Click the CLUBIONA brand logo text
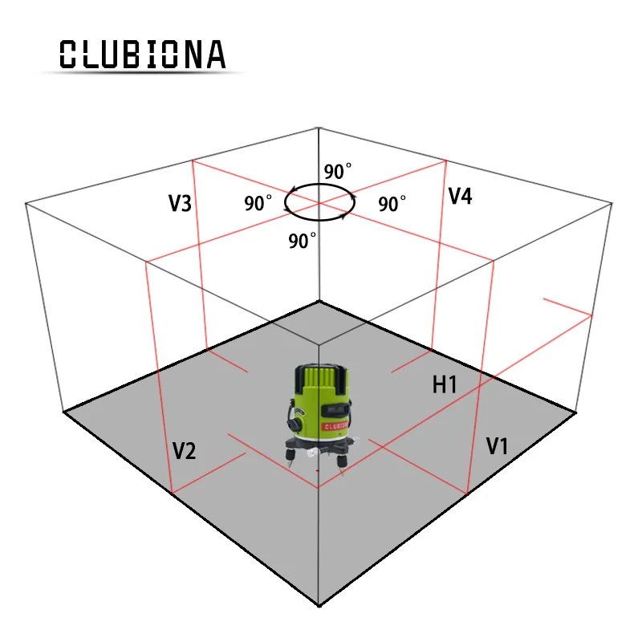(x=143, y=54)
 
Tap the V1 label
(x=497, y=447)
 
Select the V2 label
(x=184, y=451)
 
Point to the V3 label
(x=180, y=204)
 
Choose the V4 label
(x=459, y=196)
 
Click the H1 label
(x=445, y=385)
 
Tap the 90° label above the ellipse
(x=337, y=172)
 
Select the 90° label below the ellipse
(x=303, y=240)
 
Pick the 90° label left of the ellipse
(x=258, y=203)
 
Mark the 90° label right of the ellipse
(x=392, y=204)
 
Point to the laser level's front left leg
(x=286, y=455)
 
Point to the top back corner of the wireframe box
(x=319, y=128)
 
